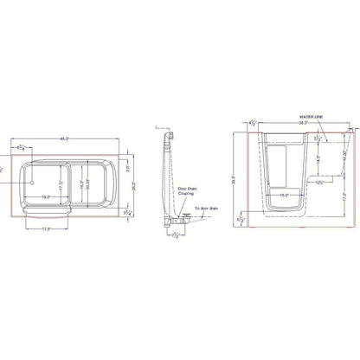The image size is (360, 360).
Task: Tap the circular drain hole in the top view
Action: (31, 183)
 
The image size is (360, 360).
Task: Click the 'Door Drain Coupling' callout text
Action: (185, 192)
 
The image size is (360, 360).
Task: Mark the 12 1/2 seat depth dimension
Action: (319, 183)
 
